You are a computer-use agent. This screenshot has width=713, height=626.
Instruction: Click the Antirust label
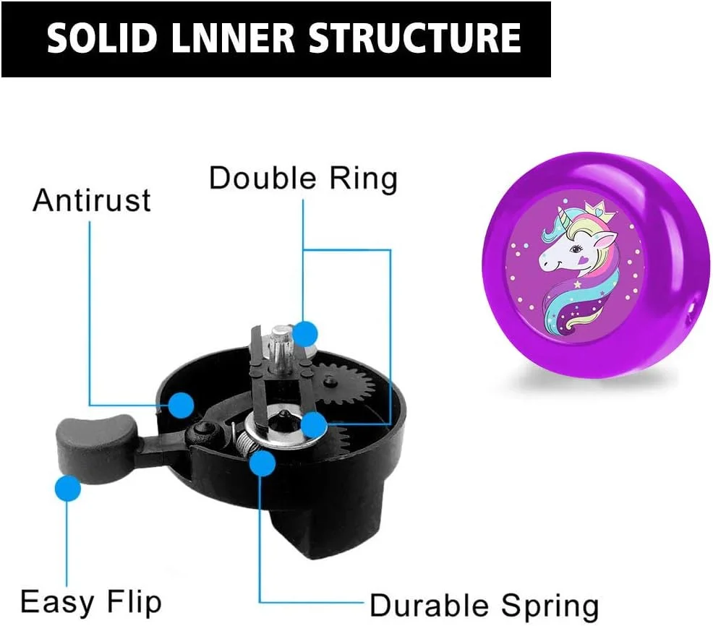point(92,200)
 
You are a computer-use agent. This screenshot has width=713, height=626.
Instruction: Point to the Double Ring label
point(303,178)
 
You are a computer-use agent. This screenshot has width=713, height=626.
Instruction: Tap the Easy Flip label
point(91,602)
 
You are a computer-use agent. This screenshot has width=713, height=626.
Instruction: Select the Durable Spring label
point(484,606)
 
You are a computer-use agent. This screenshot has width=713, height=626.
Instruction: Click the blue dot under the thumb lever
point(68,488)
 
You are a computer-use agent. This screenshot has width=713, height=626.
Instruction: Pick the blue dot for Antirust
point(181,405)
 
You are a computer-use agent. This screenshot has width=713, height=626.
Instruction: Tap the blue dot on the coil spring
point(262,463)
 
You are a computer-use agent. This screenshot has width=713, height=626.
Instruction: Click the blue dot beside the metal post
point(305,335)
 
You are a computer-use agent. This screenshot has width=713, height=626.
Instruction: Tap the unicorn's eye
point(578,249)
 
